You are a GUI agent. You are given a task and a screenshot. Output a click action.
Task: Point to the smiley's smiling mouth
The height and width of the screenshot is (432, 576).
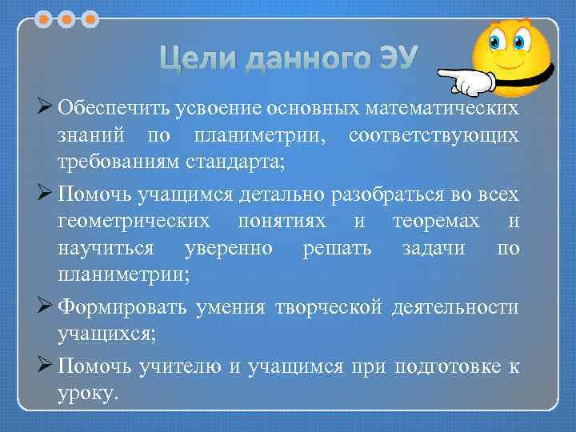(x=507, y=66)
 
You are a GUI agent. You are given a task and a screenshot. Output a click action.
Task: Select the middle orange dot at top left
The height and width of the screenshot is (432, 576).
(x=66, y=17)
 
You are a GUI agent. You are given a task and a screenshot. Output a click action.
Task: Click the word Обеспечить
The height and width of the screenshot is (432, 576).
(x=108, y=107)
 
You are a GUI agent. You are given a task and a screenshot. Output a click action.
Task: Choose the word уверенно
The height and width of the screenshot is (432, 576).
(x=229, y=248)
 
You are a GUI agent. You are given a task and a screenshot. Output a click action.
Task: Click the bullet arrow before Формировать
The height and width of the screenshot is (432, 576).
(x=44, y=306)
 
